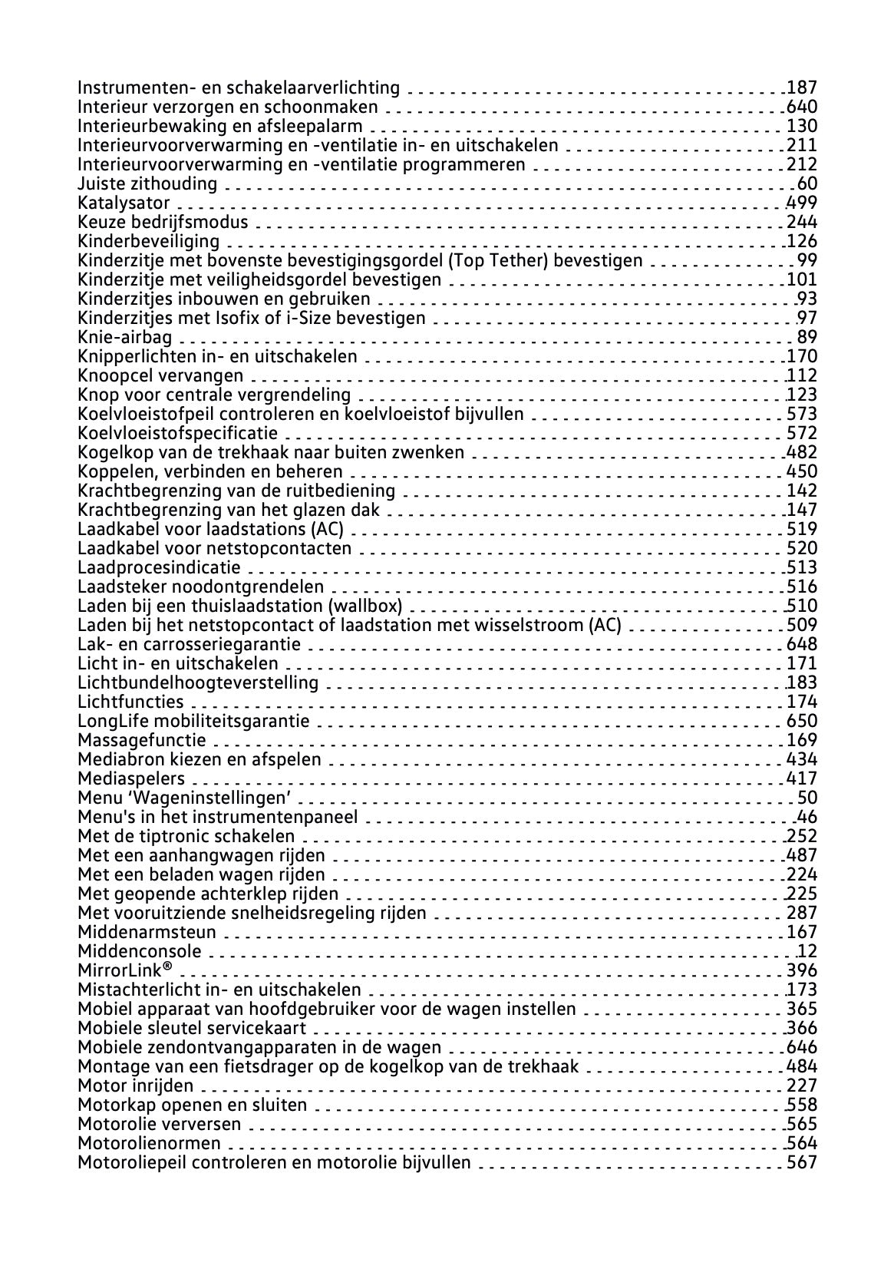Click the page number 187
click(x=802, y=88)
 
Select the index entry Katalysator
click(x=124, y=203)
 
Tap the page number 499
click(x=802, y=203)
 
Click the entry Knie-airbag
click(x=125, y=337)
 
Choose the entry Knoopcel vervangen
click(x=160, y=375)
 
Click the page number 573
click(x=802, y=414)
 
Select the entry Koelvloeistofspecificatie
click(x=178, y=433)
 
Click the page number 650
click(x=802, y=721)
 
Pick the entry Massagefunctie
click(x=142, y=740)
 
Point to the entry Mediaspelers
click(x=131, y=778)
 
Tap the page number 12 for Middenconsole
click(x=807, y=951)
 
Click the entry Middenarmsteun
click(x=147, y=932)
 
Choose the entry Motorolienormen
click(x=149, y=1143)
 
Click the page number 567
click(x=802, y=1162)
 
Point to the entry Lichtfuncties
click(x=130, y=702)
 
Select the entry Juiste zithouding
click(x=147, y=183)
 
